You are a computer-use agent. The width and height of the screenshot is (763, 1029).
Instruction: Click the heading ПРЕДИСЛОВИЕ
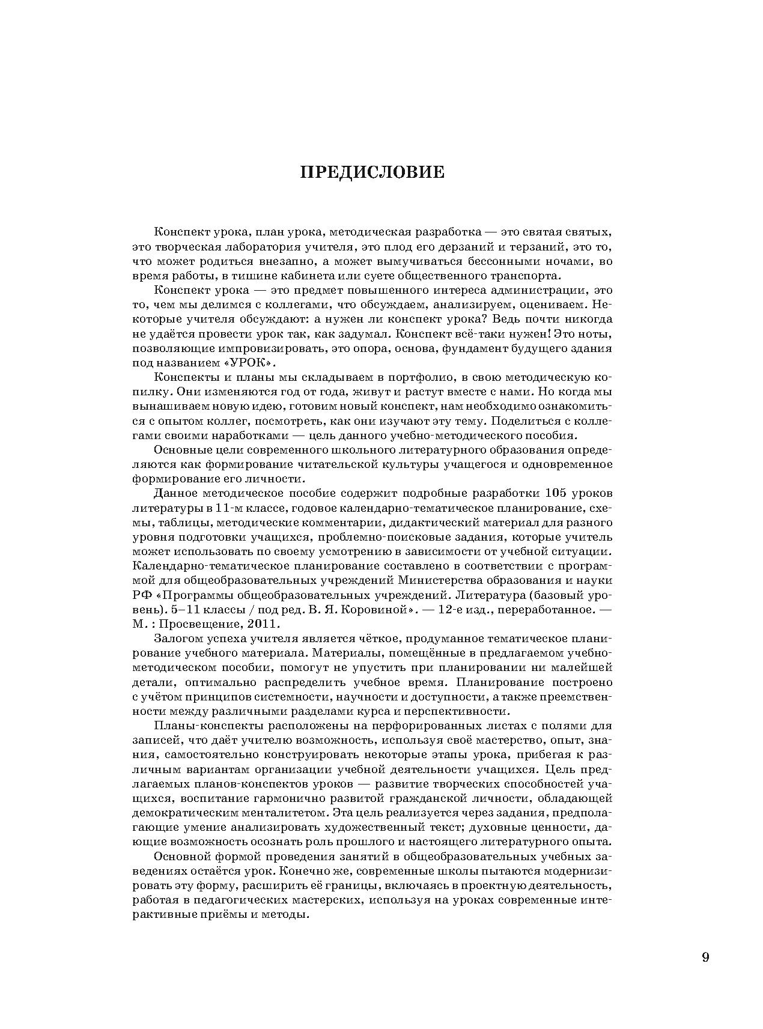click(x=372, y=173)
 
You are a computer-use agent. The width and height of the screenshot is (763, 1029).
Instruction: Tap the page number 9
click(x=705, y=957)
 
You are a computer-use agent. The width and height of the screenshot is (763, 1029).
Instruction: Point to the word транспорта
click(x=516, y=276)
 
